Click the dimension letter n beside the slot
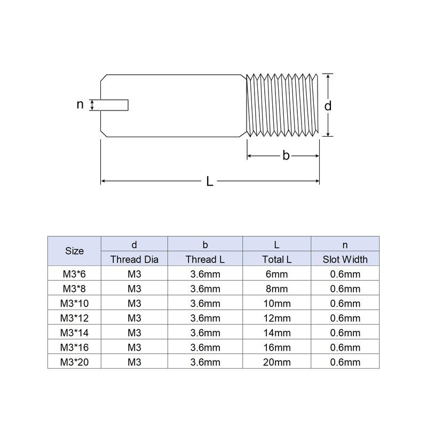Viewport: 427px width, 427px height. pos(80,105)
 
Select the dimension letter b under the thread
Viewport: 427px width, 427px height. pos(286,156)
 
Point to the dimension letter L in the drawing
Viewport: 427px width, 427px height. pos(210,182)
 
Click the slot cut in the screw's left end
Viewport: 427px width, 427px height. pos(115,105)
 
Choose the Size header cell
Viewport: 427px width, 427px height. pos(74,251)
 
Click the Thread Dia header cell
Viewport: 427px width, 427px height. pos(135,260)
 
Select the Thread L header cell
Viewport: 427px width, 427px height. pos(205,260)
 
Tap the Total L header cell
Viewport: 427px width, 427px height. pos(277,260)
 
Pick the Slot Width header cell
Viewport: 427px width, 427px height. pos(345,260)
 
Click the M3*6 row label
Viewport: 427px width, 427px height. pos(74,274)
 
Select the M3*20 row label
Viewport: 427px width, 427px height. pos(74,362)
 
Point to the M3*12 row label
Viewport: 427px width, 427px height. pos(74,318)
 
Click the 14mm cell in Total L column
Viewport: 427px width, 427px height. pos(277,333)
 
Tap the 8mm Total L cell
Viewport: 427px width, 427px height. pos(277,289)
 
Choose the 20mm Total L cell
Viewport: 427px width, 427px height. pos(277,362)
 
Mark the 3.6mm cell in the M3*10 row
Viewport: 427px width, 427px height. pos(205,304)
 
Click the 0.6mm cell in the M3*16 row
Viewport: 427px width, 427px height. pos(345,347)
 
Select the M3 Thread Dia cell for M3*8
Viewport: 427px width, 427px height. pos(135,289)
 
